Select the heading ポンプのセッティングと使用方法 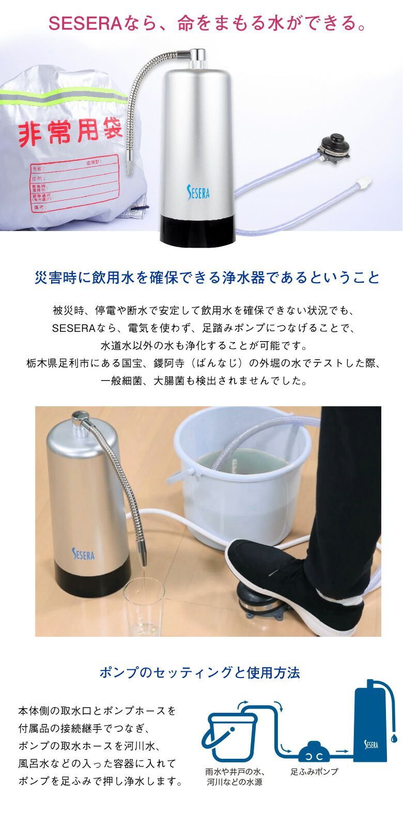click(x=199, y=672)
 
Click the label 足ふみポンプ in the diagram click(x=314, y=772)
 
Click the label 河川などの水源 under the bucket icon click(x=234, y=783)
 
